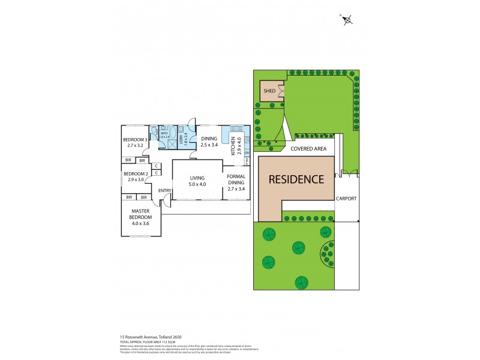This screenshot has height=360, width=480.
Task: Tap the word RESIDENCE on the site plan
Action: point(296,179)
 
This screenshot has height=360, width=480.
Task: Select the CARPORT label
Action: point(346,198)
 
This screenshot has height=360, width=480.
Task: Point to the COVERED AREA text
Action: point(308,148)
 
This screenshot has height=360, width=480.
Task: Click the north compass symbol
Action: point(347,20)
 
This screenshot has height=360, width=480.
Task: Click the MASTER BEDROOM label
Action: point(142,217)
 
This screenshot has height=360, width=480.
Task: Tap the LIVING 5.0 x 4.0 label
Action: point(197,181)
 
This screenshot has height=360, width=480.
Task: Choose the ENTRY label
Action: point(164,191)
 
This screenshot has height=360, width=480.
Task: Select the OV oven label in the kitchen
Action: point(247,153)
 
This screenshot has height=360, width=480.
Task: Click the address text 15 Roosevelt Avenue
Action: point(142,338)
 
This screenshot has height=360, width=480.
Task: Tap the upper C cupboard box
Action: point(156,166)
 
